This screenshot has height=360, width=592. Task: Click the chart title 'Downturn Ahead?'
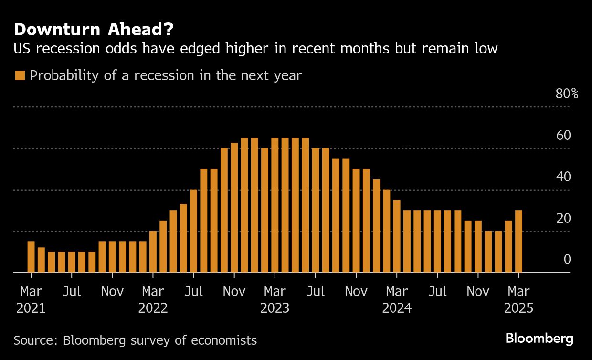[x=94, y=30]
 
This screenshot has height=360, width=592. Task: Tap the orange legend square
[x=20, y=75]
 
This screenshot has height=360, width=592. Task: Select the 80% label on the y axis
[x=567, y=94]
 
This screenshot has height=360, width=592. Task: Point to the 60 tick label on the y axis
[x=563, y=135]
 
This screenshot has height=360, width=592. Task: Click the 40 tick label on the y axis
[x=563, y=177]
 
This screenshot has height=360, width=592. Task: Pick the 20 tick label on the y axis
[x=563, y=218]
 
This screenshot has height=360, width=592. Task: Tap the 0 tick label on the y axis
[x=567, y=259]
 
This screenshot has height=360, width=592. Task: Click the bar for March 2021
[x=31, y=257]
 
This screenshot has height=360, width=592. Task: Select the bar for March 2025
[x=518, y=241]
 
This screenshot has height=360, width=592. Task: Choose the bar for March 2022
[x=153, y=252]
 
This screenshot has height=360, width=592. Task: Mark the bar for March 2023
[x=275, y=205]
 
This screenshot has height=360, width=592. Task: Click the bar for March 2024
[x=397, y=236]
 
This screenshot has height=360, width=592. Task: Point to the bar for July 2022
[x=193, y=231]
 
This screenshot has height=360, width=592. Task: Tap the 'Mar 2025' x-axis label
[x=518, y=299]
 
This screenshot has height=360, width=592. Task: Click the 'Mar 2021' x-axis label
[x=31, y=299]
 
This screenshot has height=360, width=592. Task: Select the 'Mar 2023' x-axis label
[x=275, y=299]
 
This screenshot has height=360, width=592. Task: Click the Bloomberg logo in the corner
[x=539, y=339]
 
